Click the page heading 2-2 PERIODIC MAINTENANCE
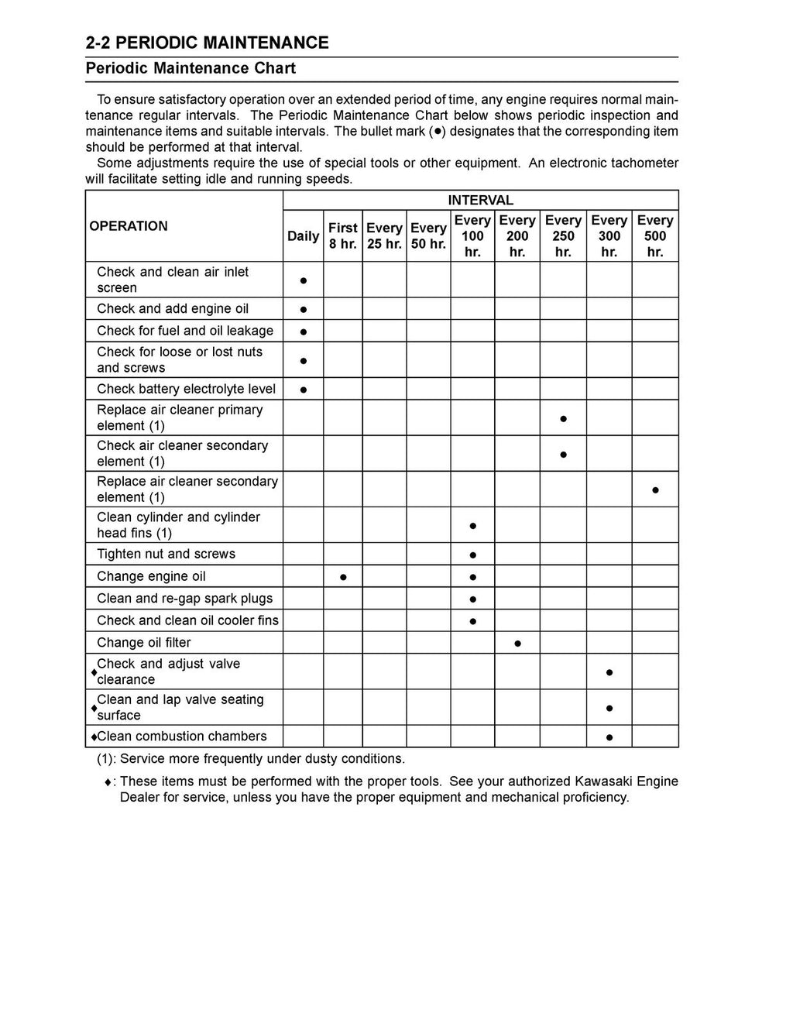207,43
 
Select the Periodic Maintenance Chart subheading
191,68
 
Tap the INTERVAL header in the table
480,200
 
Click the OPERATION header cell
129,226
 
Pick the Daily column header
303,236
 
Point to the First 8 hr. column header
342,236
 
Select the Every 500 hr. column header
654,236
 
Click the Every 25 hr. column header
384,236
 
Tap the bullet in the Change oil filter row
517,643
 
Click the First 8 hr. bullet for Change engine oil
343,577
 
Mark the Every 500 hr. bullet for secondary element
655,490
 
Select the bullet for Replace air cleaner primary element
563,419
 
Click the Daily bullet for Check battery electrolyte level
304,390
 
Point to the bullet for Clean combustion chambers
609,737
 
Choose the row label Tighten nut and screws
166,554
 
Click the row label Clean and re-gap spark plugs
184,598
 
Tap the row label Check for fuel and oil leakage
184,331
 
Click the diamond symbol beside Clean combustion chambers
93,737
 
